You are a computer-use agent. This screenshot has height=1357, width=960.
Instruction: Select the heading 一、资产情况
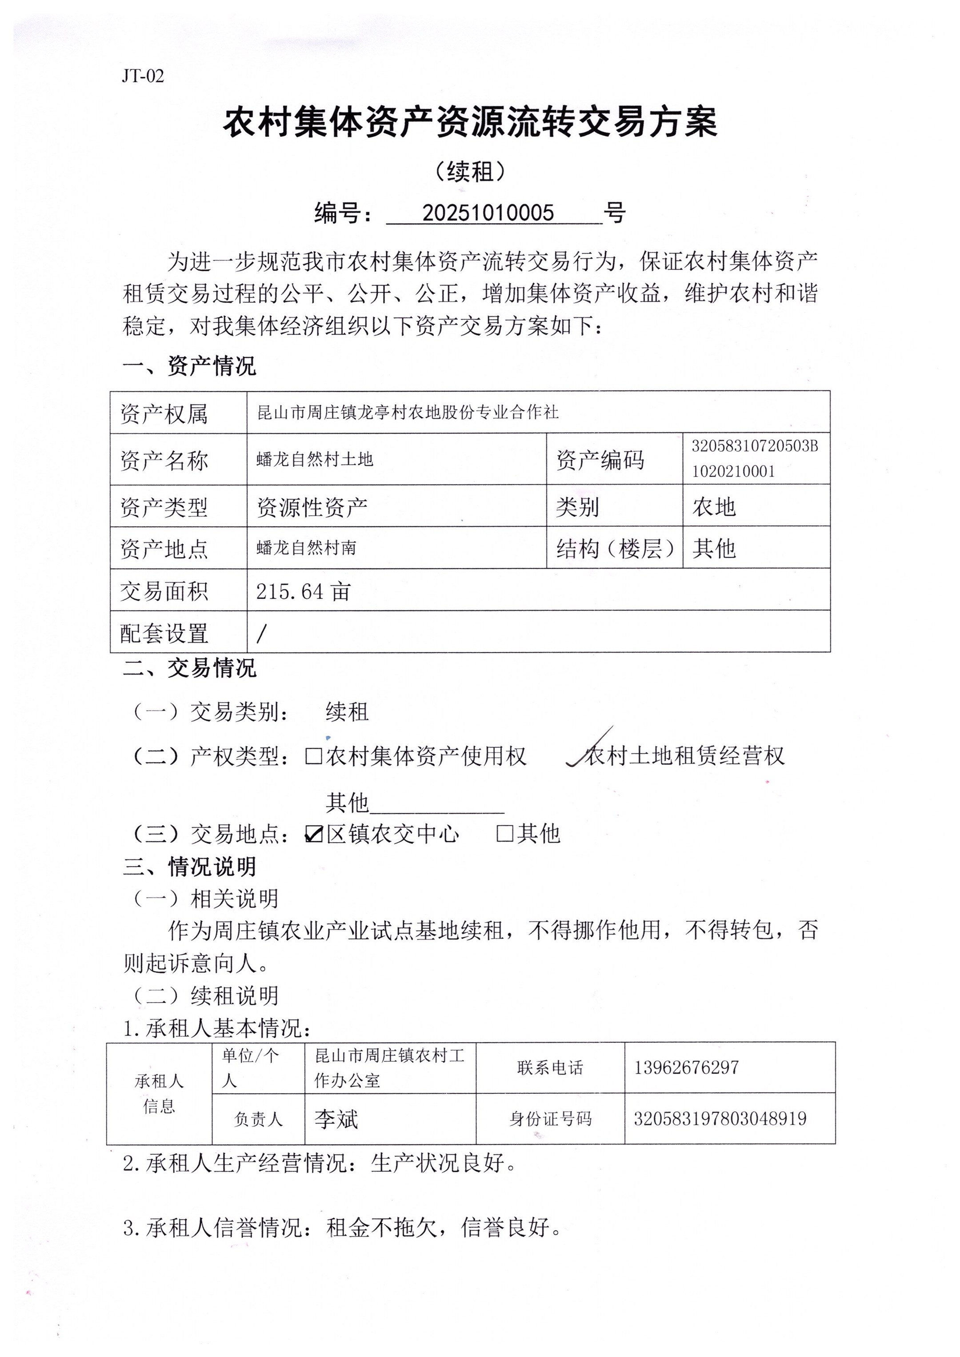click(x=189, y=366)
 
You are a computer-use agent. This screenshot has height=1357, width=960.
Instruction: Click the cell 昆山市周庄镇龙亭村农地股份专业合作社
click(x=408, y=412)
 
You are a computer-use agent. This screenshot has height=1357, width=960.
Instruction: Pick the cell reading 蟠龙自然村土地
click(x=315, y=459)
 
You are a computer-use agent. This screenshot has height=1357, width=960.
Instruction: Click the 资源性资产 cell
click(x=312, y=507)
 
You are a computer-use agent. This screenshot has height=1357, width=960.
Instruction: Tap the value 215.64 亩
click(x=303, y=591)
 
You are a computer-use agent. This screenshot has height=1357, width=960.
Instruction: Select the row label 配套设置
click(x=164, y=633)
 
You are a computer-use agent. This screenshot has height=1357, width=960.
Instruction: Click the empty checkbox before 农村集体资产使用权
click(x=313, y=756)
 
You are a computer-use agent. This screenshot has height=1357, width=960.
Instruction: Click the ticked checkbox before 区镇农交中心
click(x=314, y=834)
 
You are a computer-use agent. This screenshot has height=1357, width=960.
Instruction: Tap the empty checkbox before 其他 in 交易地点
click(x=504, y=834)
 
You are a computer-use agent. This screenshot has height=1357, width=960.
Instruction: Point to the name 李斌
click(x=336, y=1119)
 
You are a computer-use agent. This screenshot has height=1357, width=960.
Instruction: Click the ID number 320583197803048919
click(x=720, y=1119)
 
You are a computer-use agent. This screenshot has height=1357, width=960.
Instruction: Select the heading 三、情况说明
click(x=189, y=867)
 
